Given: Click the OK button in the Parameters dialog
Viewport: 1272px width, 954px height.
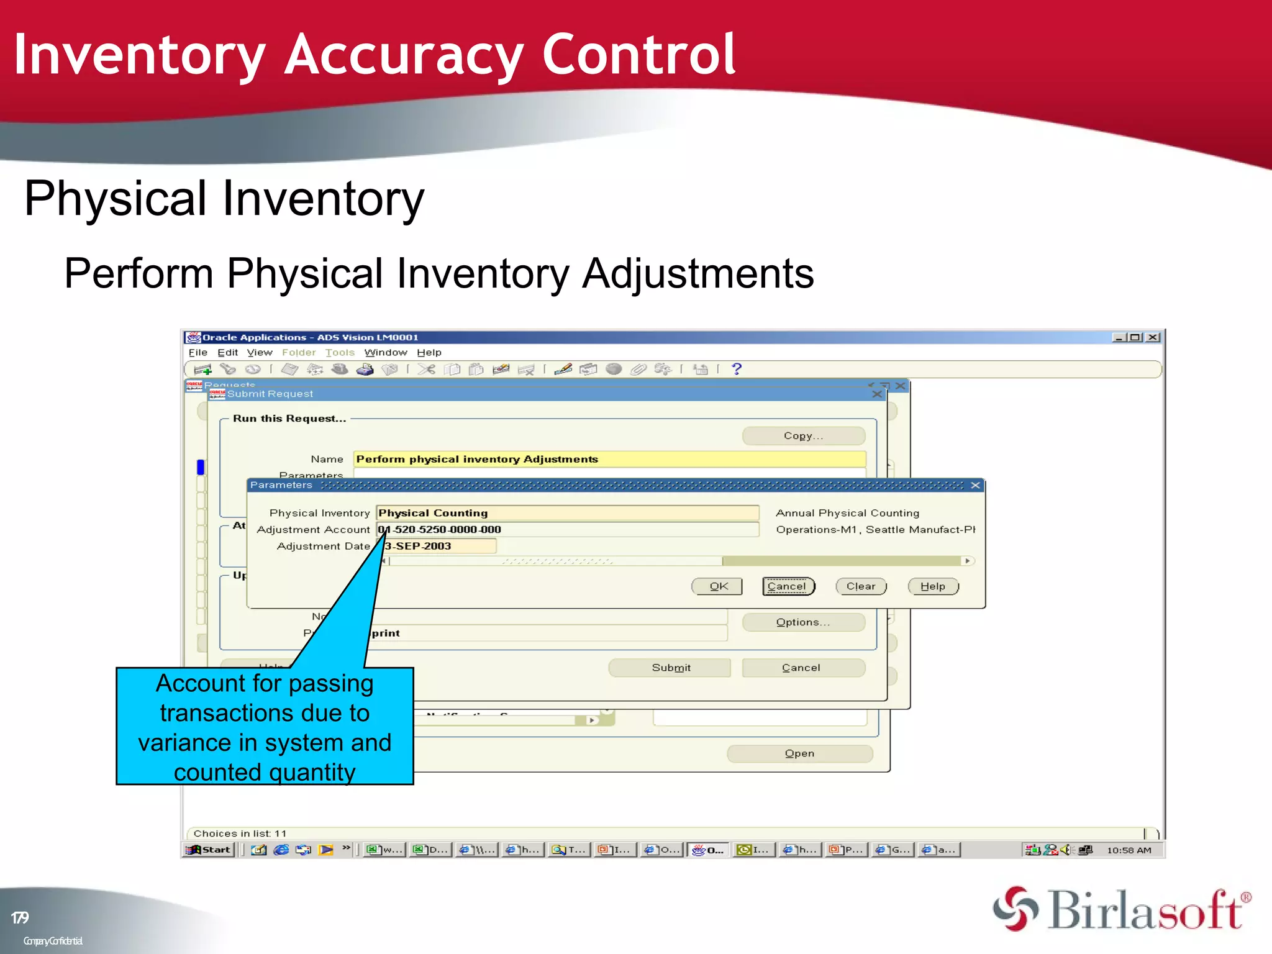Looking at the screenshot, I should [x=717, y=586].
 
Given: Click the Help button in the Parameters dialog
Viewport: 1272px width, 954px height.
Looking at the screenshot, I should [x=933, y=586].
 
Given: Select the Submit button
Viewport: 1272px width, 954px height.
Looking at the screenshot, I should [x=670, y=668].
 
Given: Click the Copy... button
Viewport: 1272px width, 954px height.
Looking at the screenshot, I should [x=803, y=436].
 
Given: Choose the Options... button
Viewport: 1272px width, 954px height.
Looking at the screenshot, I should [x=803, y=622].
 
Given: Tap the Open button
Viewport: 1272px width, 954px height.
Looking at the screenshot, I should [x=799, y=753].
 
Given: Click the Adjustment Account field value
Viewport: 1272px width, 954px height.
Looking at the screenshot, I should [x=566, y=530].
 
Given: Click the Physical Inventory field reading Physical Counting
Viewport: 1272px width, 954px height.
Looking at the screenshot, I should [x=566, y=513].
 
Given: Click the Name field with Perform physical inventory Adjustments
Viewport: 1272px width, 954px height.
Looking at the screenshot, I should [x=609, y=459].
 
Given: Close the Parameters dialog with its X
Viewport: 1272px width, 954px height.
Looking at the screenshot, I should [x=976, y=485].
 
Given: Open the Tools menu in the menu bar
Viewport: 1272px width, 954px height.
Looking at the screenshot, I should [x=340, y=353].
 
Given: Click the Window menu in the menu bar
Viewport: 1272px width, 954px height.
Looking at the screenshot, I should [x=385, y=353].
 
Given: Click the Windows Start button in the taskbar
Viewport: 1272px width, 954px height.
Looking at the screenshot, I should [x=209, y=850].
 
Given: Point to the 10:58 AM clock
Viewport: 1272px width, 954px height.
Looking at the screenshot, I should [x=1129, y=850].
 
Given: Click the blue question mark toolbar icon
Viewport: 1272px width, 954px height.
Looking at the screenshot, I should [x=737, y=369].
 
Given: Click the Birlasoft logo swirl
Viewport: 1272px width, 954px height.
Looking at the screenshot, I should [x=1015, y=909].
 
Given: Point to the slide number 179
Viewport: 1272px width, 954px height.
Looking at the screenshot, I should [x=20, y=918].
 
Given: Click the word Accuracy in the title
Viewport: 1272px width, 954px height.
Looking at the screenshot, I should [x=404, y=56].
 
